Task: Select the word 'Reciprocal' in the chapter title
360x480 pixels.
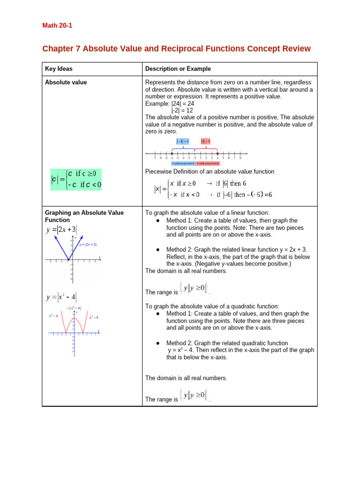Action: pyautogui.click(x=201, y=49)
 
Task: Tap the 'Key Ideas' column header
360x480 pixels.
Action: pyautogui.click(x=59, y=69)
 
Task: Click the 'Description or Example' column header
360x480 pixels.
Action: pyautogui.click(x=178, y=69)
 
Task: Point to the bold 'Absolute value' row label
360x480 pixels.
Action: pyautogui.click(x=66, y=82)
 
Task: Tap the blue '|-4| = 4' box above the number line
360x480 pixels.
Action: pyautogui.click(x=182, y=141)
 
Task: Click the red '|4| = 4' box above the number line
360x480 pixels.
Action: pyautogui.click(x=206, y=141)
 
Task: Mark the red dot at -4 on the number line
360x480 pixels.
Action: pyautogui.click(x=172, y=153)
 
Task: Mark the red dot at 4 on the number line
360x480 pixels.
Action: pyautogui.click(x=217, y=153)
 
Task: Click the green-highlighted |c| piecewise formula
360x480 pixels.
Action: pyautogui.click(x=76, y=179)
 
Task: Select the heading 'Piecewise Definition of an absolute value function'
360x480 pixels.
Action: pyautogui.click(x=210, y=172)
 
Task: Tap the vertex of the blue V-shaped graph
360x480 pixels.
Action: pyautogui.click(x=68, y=261)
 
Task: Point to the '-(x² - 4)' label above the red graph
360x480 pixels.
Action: pyautogui.click(x=74, y=308)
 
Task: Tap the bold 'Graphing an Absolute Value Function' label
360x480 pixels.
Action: pyautogui.click(x=84, y=216)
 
